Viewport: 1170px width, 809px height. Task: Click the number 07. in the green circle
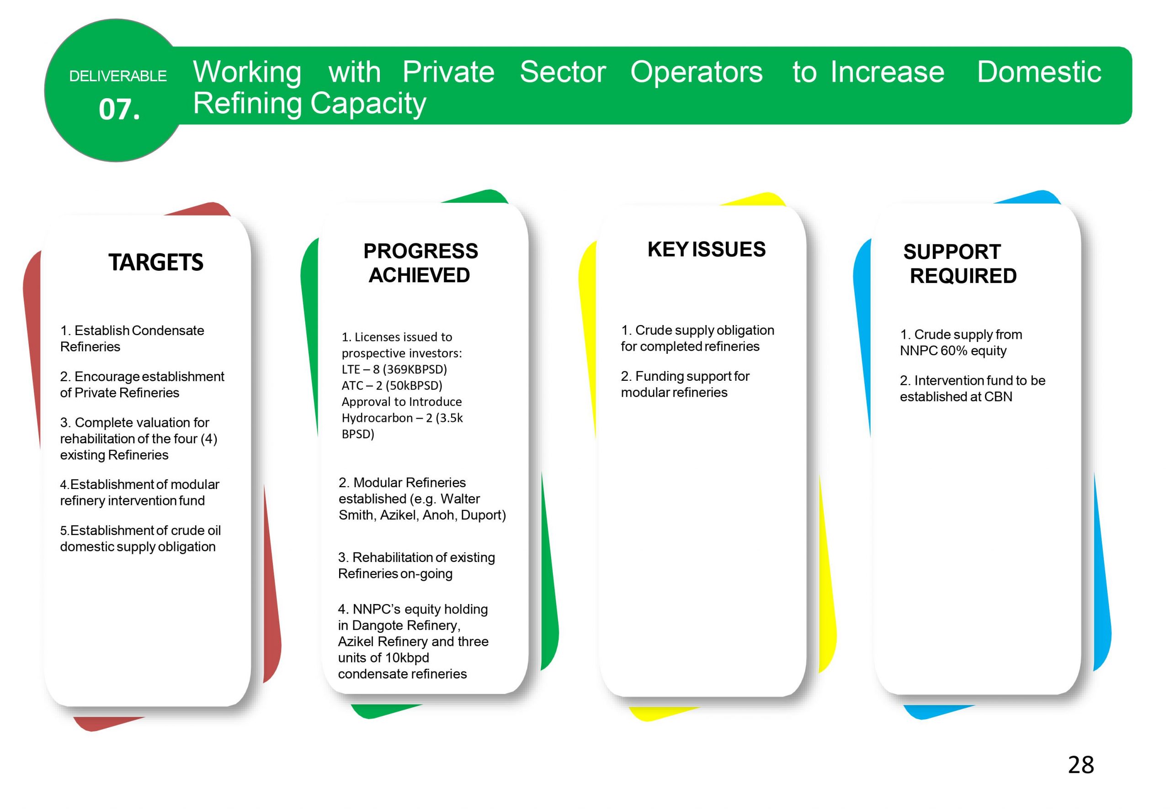pos(119,109)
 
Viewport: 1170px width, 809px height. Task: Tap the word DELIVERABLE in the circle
pos(118,76)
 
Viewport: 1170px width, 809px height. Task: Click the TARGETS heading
pos(156,262)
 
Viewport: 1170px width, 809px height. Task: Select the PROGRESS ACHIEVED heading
pos(420,263)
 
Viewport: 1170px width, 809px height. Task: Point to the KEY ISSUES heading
pos(706,249)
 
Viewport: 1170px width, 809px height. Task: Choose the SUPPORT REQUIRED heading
pos(959,263)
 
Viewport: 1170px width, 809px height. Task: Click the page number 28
pos(1081,765)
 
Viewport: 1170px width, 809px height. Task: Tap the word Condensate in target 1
pos(168,331)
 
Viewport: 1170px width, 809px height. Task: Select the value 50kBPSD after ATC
pos(414,385)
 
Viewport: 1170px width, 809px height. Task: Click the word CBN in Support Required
pos(998,396)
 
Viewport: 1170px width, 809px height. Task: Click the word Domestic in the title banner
pos(1039,72)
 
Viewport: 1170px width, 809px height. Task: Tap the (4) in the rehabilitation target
pos(209,438)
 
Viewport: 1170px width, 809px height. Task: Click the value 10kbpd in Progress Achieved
pos(407,658)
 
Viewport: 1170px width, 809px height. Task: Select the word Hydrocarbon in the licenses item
pos(376,418)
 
